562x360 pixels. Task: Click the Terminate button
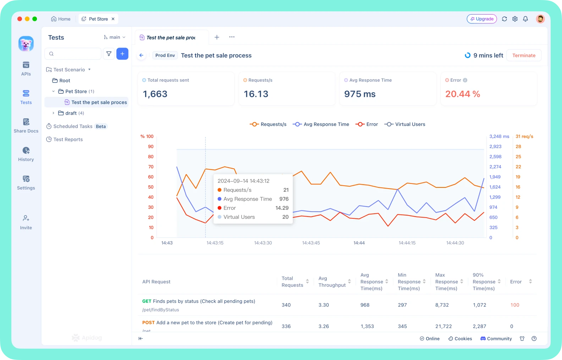[x=524, y=55]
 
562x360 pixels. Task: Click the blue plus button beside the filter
[x=122, y=54]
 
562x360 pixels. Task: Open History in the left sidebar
[x=26, y=154]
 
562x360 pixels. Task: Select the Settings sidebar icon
[x=26, y=182]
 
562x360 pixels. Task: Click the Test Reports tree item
[x=68, y=140]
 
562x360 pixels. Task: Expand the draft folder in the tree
[x=53, y=113]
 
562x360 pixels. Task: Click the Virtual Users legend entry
[x=405, y=124]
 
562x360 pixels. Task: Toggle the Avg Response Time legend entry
[x=321, y=124]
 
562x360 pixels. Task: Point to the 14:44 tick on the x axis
[x=359, y=243]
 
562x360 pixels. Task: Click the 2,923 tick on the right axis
[x=495, y=147]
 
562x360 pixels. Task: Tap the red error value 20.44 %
[x=463, y=94]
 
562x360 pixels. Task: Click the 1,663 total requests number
[x=155, y=94]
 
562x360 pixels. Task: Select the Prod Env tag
[x=165, y=55]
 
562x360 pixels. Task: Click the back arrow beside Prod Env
[x=142, y=55]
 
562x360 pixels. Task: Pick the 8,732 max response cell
[x=442, y=305]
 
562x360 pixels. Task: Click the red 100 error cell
[x=515, y=305]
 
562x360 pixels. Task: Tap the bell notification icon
[x=525, y=19]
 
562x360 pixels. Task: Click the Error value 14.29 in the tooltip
[x=282, y=208]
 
